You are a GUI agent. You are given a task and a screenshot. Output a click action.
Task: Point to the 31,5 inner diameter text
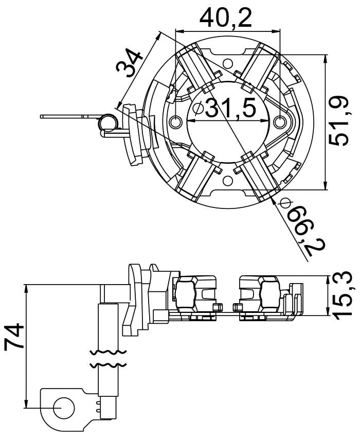pyautogui.click(x=230, y=109)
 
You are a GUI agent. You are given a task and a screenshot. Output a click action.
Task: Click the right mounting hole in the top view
pyautogui.click(x=280, y=122)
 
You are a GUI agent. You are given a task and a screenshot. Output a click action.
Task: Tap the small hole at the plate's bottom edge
pyautogui.click(x=227, y=181)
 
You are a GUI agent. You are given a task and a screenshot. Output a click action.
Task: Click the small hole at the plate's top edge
pyautogui.click(x=227, y=63)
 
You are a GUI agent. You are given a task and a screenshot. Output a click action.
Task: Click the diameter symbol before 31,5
pyautogui.click(x=197, y=109)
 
